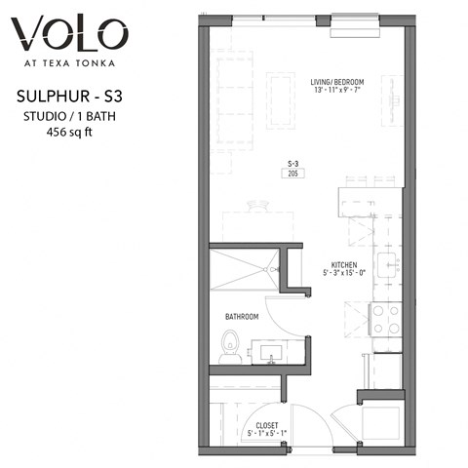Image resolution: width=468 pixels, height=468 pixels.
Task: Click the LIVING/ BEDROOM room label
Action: [x=338, y=81]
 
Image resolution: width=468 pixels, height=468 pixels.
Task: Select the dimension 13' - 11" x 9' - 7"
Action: [x=338, y=91]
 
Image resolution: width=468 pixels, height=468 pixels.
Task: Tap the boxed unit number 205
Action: [x=292, y=174]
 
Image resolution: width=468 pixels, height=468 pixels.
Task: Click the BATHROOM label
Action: [x=242, y=317]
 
